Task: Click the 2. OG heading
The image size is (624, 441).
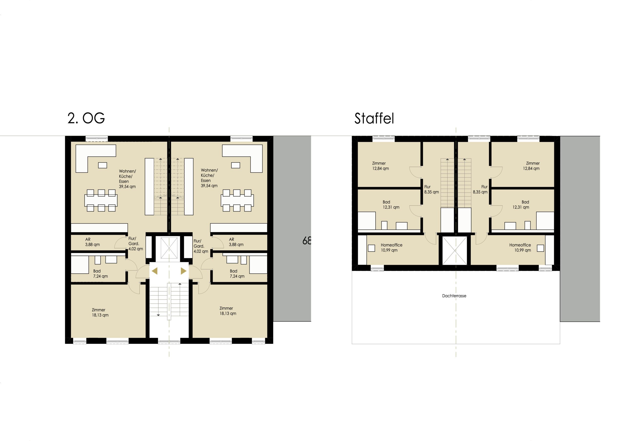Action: (x=86, y=118)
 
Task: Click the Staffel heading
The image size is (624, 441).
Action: (x=374, y=118)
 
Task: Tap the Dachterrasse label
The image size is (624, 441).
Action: (x=454, y=296)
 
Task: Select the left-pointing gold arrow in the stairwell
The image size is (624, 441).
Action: (x=155, y=271)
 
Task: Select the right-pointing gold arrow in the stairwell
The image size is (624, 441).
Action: (x=184, y=271)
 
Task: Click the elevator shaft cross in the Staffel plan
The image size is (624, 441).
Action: (x=455, y=250)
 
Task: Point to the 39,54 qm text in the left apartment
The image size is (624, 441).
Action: (x=127, y=187)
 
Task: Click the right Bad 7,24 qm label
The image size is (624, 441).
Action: (x=237, y=274)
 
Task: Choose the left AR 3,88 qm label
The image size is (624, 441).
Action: (x=92, y=242)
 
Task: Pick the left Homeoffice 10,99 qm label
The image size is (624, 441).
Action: (x=391, y=248)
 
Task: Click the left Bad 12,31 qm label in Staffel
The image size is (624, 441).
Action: (x=391, y=205)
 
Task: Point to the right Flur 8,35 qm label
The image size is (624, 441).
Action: (x=480, y=189)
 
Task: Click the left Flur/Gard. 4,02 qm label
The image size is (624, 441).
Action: (x=136, y=244)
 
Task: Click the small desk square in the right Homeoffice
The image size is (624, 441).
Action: (x=540, y=248)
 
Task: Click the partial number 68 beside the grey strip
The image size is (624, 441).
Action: (x=307, y=240)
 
